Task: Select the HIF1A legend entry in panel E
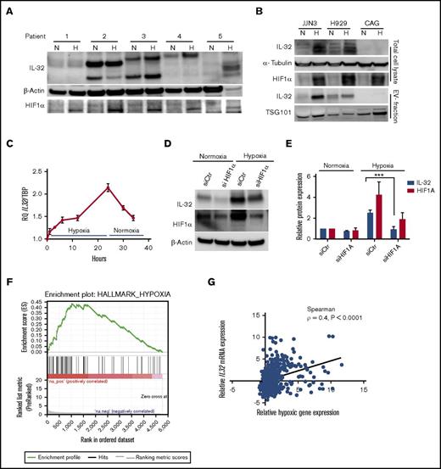pos(418,210)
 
